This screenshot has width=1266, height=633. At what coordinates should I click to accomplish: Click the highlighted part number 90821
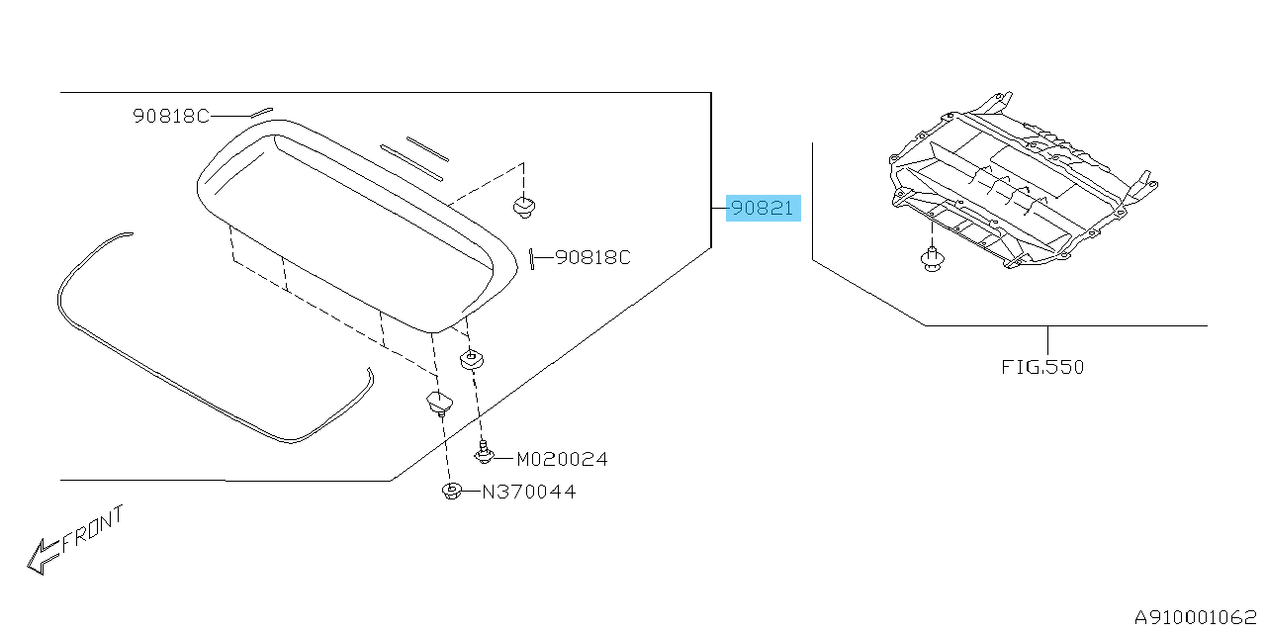click(x=763, y=208)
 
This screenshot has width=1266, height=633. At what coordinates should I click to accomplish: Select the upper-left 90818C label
click(x=171, y=116)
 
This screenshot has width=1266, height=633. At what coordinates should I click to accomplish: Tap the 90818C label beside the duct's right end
click(x=592, y=258)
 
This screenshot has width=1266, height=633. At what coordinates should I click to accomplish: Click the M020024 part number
click(x=563, y=459)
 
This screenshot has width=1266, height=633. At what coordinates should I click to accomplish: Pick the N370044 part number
click(x=529, y=492)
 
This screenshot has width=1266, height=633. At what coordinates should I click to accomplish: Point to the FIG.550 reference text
click(x=1042, y=367)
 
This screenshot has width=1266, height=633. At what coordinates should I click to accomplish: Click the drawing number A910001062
click(x=1196, y=616)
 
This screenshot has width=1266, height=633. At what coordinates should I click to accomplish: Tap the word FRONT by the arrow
click(x=92, y=529)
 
